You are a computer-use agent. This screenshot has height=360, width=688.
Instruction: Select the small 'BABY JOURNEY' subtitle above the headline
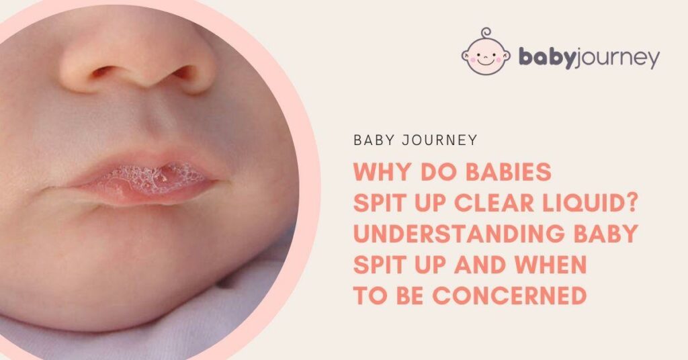tap(415, 140)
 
